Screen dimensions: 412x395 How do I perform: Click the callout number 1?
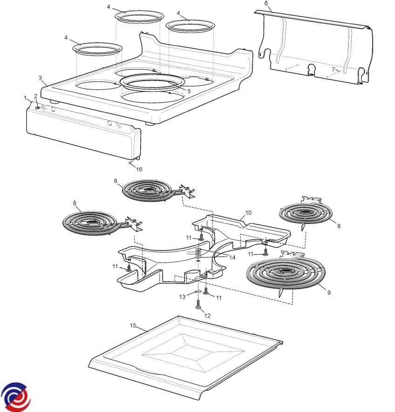tap(25, 98)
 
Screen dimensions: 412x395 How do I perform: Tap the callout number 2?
tap(35, 96)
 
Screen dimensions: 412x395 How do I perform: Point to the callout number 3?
tap(40, 78)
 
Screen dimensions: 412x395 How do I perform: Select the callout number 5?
tap(189, 90)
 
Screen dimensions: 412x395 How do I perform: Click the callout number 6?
tap(266, 3)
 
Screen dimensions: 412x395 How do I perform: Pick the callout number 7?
tap(333, 69)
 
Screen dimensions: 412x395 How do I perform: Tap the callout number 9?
tap(329, 292)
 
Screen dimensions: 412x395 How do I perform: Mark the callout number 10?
tap(248, 212)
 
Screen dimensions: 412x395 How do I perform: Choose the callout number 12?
tap(207, 316)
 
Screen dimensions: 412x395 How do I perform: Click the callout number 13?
tap(183, 297)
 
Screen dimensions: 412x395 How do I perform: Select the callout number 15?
tap(133, 325)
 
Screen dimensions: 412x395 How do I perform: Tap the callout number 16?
tap(139, 169)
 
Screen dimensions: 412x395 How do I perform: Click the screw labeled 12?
tap(199, 307)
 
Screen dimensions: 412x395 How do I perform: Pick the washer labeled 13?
tap(197, 292)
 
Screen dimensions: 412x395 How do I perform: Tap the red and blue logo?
tap(15, 397)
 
